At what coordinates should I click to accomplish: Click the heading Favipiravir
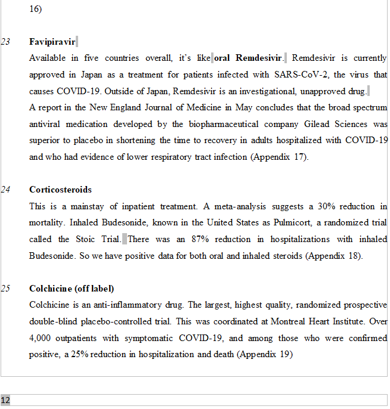pyautogui.click(x=52, y=42)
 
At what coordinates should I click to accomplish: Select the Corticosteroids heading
pyautogui.click(x=60, y=190)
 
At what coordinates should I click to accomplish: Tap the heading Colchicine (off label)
pyautogui.click(x=72, y=289)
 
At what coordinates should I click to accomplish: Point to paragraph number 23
pyautogui.click(x=5, y=42)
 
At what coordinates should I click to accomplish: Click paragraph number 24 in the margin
pyautogui.click(x=5, y=190)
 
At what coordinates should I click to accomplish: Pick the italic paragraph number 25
pyautogui.click(x=5, y=289)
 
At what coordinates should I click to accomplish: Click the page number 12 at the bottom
pyautogui.click(x=5, y=400)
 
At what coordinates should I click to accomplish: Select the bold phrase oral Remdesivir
pyautogui.click(x=248, y=58)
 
